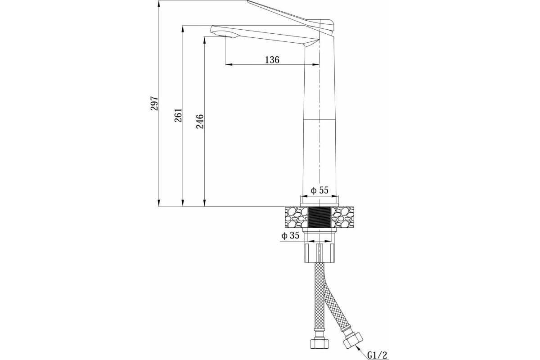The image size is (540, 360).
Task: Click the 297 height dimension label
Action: tap(154, 103)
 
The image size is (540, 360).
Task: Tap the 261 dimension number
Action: tap(178, 115)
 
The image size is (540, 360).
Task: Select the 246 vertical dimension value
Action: tap(200, 121)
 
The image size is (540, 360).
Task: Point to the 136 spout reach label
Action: tap(272, 59)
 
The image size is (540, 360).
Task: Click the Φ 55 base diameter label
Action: tap(319, 190)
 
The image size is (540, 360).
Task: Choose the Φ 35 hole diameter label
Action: tap(290, 235)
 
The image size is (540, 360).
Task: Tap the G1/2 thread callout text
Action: tap(377, 355)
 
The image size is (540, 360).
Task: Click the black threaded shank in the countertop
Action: tap(319, 217)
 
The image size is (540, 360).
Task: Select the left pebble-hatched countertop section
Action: tap(297, 217)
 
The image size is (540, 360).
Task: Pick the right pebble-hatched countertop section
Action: tap(342, 217)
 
